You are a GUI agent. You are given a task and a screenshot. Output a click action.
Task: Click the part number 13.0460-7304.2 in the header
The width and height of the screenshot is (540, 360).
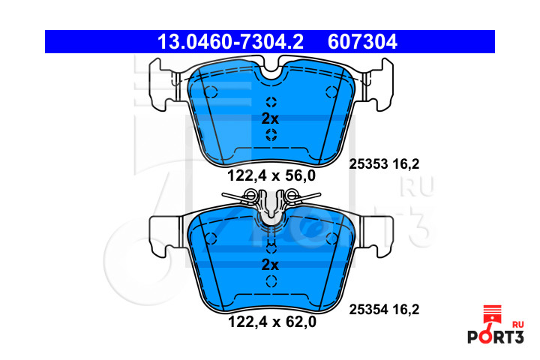230,42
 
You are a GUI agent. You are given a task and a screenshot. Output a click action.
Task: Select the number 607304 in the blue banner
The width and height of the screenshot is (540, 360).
362,42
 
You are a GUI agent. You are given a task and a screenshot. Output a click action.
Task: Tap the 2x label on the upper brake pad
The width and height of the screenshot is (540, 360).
270,118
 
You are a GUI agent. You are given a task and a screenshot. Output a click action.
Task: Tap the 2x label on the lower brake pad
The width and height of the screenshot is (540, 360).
270,265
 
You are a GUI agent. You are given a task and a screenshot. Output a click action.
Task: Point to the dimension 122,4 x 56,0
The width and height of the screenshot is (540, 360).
271,175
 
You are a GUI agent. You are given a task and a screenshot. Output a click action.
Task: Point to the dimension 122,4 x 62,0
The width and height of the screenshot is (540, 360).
272,322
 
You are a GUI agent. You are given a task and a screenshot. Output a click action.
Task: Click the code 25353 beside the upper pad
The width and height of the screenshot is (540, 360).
368,164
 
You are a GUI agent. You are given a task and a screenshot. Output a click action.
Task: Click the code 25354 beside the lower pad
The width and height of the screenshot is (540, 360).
368,310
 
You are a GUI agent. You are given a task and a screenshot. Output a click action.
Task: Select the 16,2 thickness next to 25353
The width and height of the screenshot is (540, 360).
406,164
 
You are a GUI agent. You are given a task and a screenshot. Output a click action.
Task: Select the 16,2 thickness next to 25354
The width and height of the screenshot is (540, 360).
406,310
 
